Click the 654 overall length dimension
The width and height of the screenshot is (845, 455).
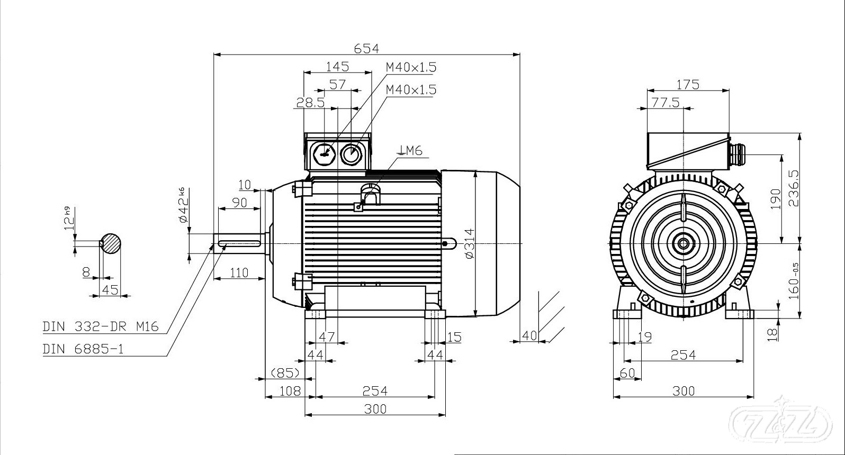pos(366,48)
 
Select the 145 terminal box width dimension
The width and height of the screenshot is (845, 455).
pos(337,67)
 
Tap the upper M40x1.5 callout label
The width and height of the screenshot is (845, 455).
pos(411,67)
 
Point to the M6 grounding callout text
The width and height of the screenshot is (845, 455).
pos(412,151)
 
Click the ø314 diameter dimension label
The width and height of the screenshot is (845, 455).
pos(468,243)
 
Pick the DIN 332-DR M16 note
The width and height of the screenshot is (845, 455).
pos(101,326)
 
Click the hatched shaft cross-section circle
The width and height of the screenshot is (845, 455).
pos(111,243)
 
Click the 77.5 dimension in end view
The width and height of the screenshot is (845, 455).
pos(666,103)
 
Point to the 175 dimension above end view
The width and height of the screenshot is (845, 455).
pos(688,85)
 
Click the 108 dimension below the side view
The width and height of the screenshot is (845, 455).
pos(290,391)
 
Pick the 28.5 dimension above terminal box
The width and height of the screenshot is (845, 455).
pos(310,103)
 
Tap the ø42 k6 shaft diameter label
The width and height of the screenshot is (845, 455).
pos(182,205)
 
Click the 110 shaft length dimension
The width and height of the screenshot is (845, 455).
pos(239,273)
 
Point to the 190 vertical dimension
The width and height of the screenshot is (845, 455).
pos(776,199)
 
